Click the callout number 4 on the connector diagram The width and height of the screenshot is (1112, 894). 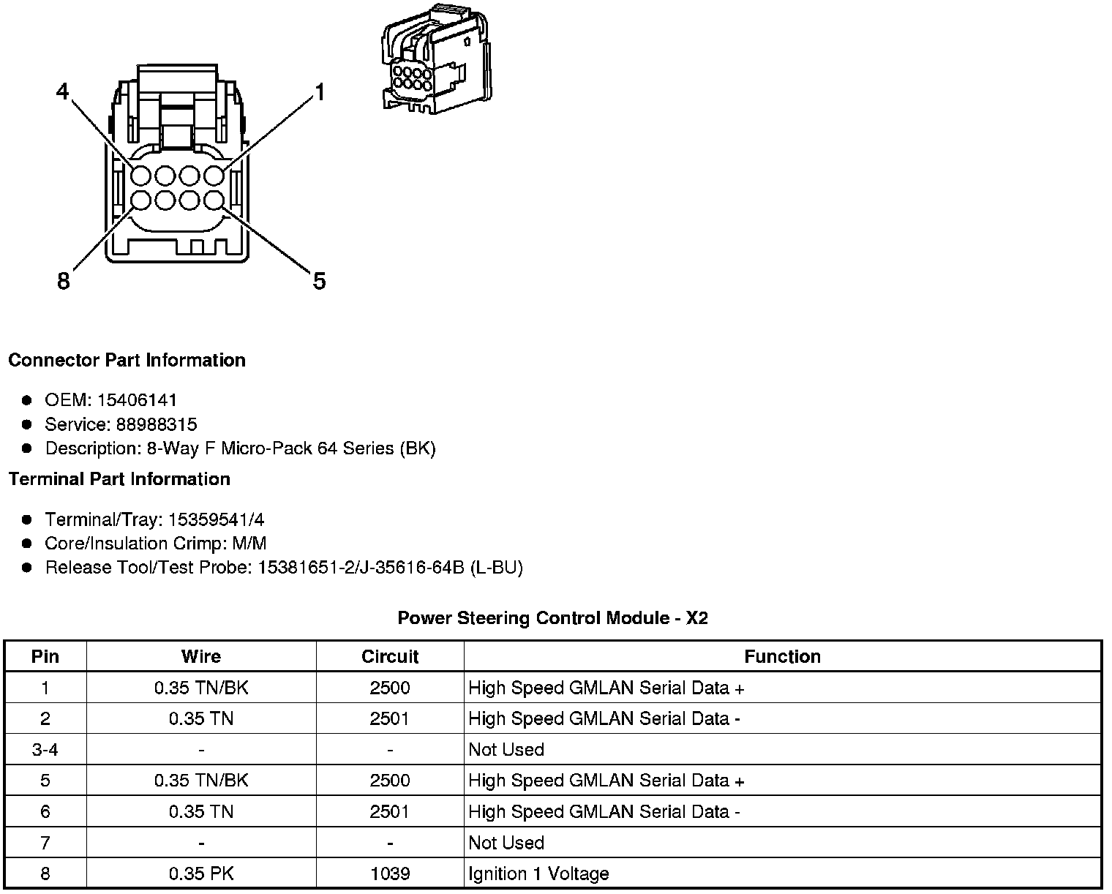pos(63,91)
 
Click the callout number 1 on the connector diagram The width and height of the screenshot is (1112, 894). pos(319,92)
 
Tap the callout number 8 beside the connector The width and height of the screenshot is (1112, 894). pos(64,280)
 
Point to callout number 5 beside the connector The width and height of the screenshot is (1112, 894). pos(319,280)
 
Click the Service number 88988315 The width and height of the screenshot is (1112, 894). pos(156,424)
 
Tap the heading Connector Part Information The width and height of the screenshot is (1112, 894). pos(127,360)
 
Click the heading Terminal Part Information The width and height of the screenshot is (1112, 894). pos(119,479)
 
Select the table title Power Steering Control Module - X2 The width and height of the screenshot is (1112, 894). pos(552,618)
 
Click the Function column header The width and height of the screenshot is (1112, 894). pos(782,656)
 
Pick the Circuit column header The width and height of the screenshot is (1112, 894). pos(390,656)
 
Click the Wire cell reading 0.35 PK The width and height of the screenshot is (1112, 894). pos(201,874)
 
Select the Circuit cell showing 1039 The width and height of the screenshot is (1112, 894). pos(390,874)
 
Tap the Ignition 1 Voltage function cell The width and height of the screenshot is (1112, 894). pos(538,874)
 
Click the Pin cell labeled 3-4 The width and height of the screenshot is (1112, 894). pos(45,750)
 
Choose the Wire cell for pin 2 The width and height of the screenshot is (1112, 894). pos(201,718)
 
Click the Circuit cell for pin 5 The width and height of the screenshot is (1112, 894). pos(390,781)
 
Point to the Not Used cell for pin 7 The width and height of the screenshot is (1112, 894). pos(506,843)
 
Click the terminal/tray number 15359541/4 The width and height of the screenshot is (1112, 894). pos(216,520)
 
